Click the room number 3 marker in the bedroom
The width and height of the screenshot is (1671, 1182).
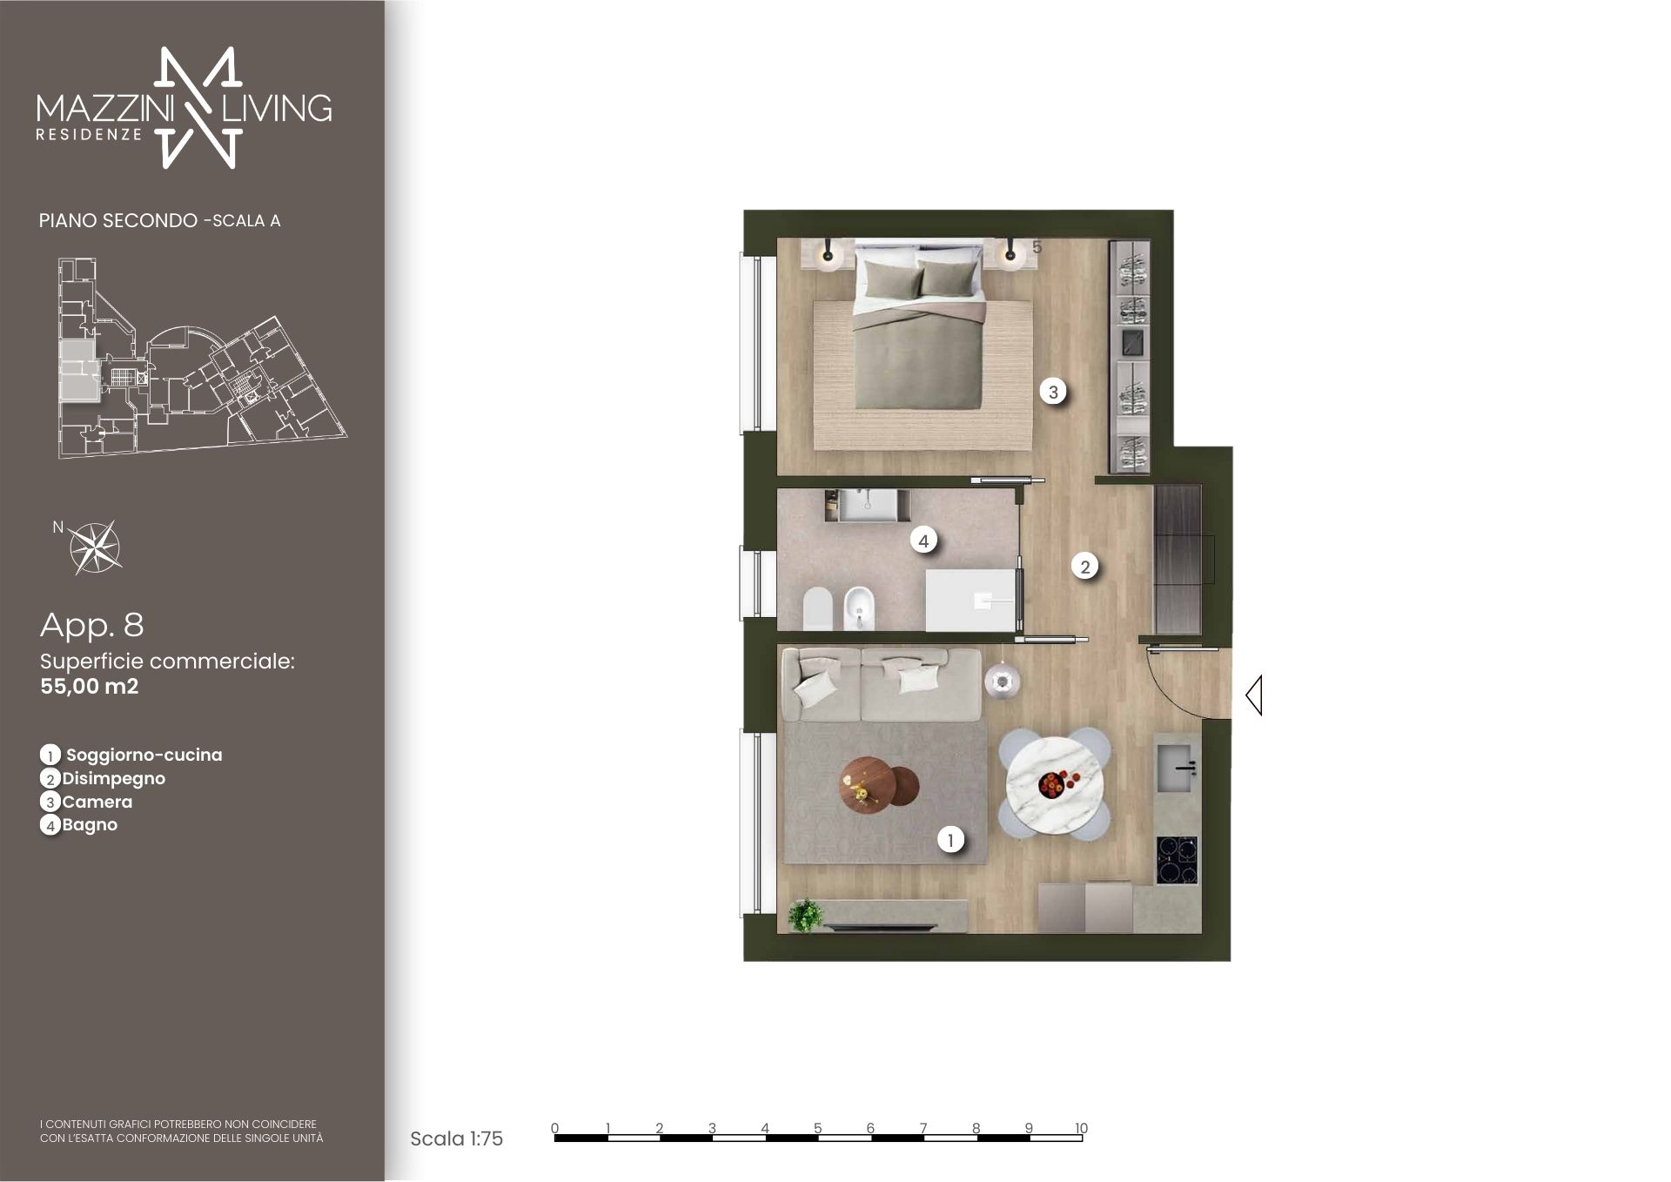click(1053, 392)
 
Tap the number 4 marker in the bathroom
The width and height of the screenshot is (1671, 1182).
click(923, 541)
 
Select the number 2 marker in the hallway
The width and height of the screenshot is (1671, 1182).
click(1084, 567)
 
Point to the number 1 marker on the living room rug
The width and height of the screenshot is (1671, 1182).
click(950, 840)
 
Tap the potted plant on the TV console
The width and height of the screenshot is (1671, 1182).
click(806, 914)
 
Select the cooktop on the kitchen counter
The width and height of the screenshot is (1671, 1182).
click(1177, 860)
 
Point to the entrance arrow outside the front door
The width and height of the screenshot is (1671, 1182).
click(1254, 695)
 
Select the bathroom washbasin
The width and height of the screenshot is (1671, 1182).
click(866, 506)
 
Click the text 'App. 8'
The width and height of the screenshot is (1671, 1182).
click(92, 625)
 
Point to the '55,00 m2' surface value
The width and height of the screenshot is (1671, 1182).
click(90, 686)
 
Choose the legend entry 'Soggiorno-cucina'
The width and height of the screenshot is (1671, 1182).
click(144, 755)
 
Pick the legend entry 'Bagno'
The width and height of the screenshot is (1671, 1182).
click(90, 824)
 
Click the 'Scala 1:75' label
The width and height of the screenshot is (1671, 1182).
click(456, 1138)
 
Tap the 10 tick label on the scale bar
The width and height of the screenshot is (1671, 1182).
click(1081, 1128)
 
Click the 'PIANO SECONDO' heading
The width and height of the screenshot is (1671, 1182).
click(118, 220)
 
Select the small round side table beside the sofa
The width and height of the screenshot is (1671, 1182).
click(1002, 679)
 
